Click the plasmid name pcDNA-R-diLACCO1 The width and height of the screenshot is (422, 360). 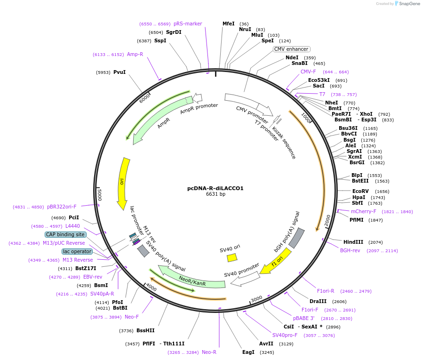click(x=215, y=188)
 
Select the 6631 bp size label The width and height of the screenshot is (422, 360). click(x=215, y=194)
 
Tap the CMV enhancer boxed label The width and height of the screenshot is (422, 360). click(x=292, y=49)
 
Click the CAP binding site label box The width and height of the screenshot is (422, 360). click(x=65, y=234)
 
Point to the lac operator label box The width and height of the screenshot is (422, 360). click(x=77, y=251)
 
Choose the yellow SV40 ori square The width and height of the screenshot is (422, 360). click(x=232, y=257)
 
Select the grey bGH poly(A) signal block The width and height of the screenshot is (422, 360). click(x=297, y=238)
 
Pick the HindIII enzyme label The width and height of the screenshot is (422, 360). click(x=353, y=242)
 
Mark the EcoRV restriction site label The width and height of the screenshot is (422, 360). click(x=361, y=191)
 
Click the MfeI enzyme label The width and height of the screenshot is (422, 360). click(x=229, y=24)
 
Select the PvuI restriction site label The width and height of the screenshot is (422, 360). click(x=119, y=72)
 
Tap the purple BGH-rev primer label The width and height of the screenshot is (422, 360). click(x=350, y=250)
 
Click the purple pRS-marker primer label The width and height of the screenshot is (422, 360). click(x=188, y=24)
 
